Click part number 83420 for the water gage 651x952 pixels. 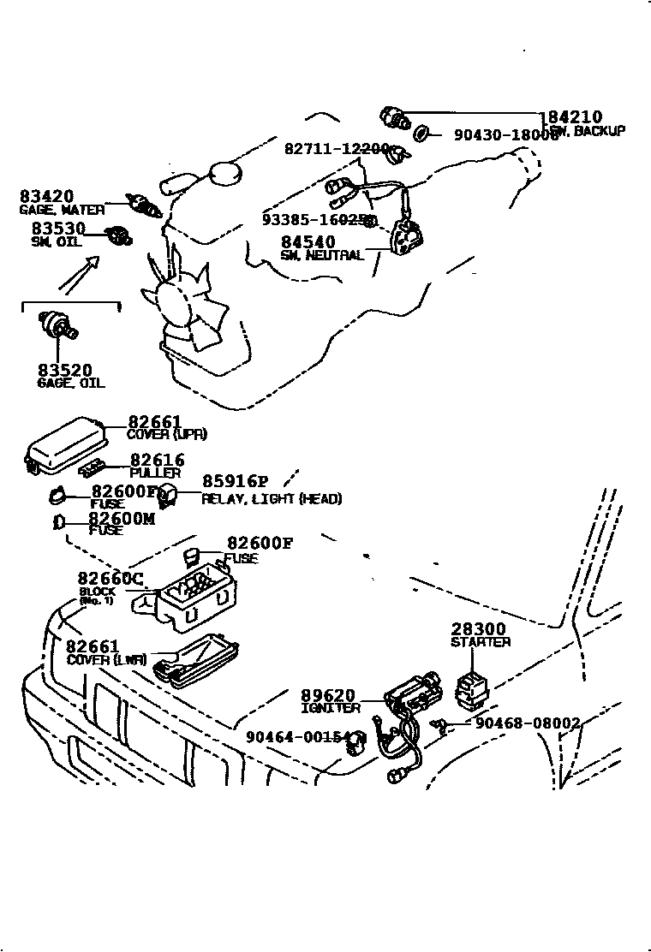[46, 196]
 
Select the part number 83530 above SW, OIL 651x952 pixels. [58, 229]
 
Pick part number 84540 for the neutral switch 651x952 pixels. [308, 242]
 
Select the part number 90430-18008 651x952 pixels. [505, 134]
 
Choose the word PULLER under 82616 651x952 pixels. [155, 473]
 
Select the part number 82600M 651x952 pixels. [121, 517]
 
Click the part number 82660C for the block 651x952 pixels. [110, 578]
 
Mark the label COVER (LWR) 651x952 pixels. [106, 660]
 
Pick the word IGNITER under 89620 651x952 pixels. [330, 708]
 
